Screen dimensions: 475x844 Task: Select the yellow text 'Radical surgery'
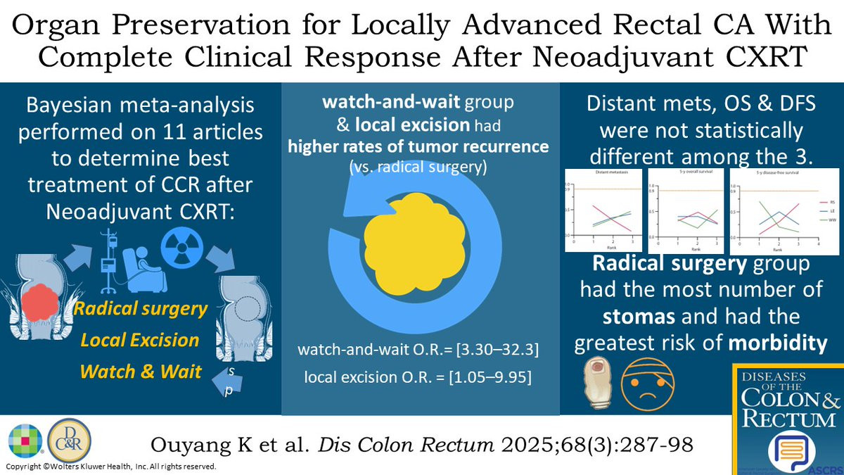[x=140, y=309]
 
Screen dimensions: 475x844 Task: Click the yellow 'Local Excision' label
[x=140, y=340]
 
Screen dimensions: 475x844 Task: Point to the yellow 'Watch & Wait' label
[x=140, y=370]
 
